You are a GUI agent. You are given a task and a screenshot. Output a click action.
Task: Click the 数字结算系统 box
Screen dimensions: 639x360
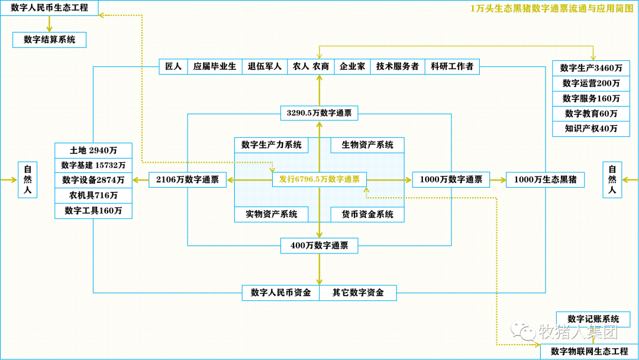pyautogui.click(x=49, y=40)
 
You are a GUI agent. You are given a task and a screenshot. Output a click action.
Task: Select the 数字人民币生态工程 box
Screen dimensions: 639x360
pyautogui.click(x=49, y=8)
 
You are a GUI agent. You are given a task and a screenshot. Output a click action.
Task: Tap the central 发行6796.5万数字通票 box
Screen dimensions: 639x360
pyautogui.click(x=319, y=179)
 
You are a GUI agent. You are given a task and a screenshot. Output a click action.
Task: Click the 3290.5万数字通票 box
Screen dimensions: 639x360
pyautogui.click(x=319, y=113)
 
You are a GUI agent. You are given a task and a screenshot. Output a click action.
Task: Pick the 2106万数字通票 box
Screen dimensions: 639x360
pyautogui.click(x=188, y=180)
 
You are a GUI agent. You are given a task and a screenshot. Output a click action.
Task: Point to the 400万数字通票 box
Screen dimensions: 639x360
pyautogui.click(x=319, y=246)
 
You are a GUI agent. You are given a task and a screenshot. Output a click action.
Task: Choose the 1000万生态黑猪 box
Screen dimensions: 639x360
pyautogui.click(x=546, y=180)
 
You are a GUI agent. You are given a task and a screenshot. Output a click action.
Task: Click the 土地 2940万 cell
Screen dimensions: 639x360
pyautogui.click(x=93, y=150)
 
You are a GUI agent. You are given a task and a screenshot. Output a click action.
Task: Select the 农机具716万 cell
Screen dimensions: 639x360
pyautogui.click(x=93, y=195)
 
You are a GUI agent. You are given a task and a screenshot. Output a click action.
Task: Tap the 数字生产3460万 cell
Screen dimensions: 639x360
pyautogui.click(x=591, y=68)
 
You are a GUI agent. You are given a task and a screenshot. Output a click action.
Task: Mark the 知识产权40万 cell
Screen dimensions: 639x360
pyautogui.click(x=591, y=129)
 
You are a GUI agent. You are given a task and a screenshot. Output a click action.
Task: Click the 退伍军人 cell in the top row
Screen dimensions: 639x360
pyautogui.click(x=264, y=66)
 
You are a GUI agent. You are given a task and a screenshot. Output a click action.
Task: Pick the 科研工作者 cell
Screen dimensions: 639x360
pyautogui.click(x=452, y=66)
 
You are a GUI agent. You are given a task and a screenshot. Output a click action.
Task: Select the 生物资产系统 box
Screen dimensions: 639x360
pyautogui.click(x=367, y=145)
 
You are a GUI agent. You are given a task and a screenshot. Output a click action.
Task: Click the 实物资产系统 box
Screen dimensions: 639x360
pyautogui.click(x=272, y=214)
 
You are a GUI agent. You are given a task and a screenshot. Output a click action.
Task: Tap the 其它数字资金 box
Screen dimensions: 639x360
pyautogui.click(x=358, y=292)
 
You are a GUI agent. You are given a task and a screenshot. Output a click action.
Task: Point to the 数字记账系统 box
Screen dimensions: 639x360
pyautogui.click(x=593, y=319)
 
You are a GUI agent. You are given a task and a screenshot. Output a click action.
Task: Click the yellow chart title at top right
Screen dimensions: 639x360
pyautogui.click(x=552, y=8)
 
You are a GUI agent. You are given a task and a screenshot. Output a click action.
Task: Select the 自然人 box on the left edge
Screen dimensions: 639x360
pyautogui.click(x=28, y=180)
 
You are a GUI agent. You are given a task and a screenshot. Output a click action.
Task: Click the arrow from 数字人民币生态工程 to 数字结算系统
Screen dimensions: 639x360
pyautogui.click(x=49, y=24)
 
